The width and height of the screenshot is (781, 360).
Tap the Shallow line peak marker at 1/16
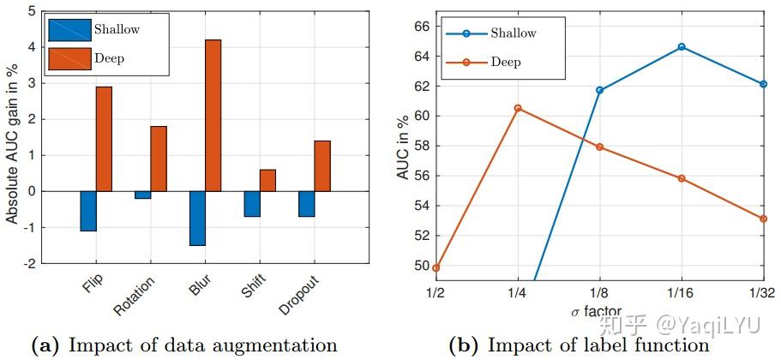point(682,46)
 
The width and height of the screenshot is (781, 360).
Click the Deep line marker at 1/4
point(517,108)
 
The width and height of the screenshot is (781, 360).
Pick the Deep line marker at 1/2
point(436,267)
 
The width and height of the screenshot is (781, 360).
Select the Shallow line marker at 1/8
point(599,90)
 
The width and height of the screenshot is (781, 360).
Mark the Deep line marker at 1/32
point(763,219)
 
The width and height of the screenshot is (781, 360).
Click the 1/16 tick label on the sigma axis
point(682,292)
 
